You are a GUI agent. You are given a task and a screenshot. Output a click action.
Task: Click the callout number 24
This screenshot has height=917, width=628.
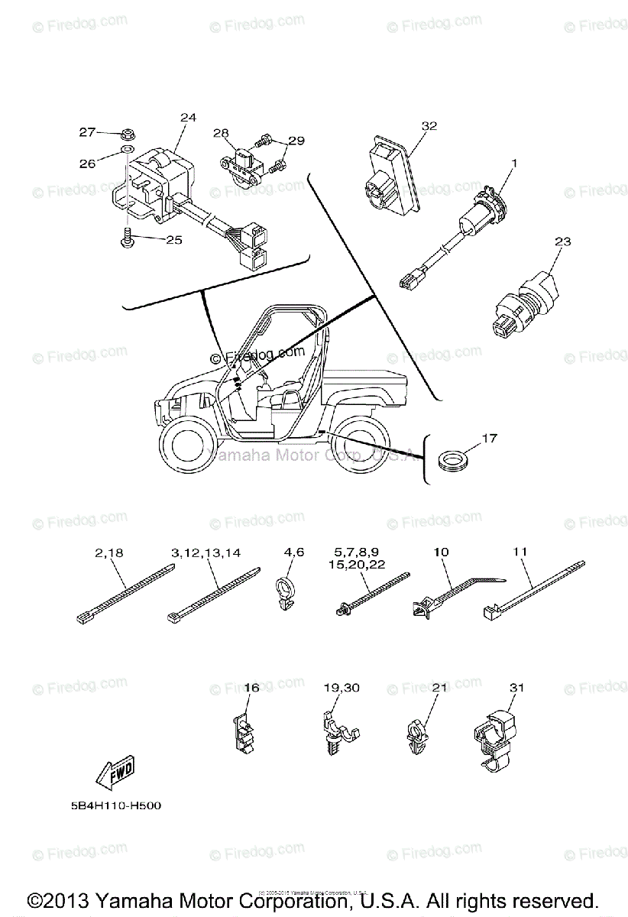pos(188,118)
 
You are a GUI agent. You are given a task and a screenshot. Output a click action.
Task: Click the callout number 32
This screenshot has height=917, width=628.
pos(429,126)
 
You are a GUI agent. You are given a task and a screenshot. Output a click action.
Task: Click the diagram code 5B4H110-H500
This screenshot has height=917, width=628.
pos(112,805)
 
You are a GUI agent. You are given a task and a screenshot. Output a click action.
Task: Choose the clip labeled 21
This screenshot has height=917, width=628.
pos(416,738)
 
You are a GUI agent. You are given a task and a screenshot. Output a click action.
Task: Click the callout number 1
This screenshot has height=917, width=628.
pos(514,162)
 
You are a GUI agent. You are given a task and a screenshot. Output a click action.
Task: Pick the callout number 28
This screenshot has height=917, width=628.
pos(221,133)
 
